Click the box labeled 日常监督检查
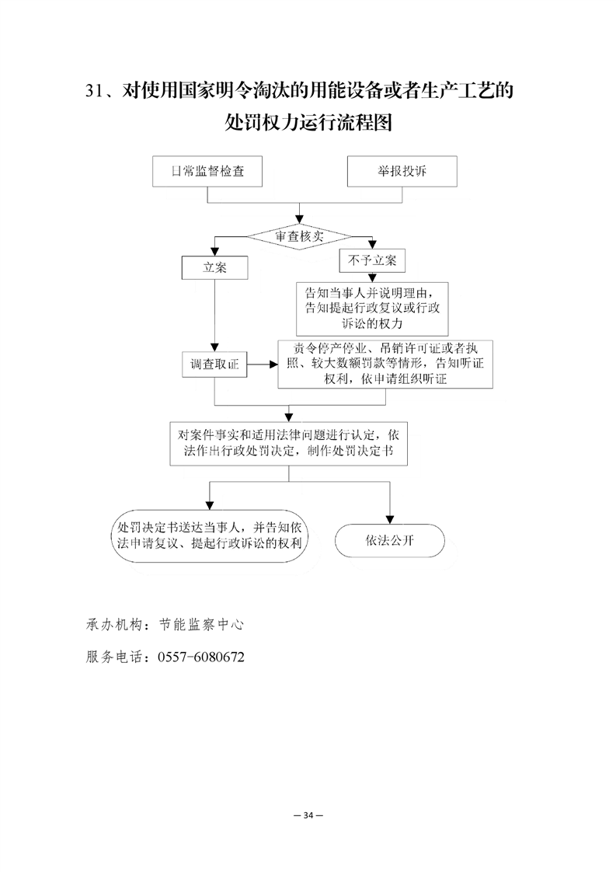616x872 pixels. coord(207,172)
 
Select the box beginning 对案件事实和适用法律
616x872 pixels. coord(288,443)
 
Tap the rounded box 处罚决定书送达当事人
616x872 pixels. coord(207,537)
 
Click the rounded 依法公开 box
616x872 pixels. coord(389,541)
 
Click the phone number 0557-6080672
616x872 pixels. coord(201,657)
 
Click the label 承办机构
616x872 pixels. coord(113,624)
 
